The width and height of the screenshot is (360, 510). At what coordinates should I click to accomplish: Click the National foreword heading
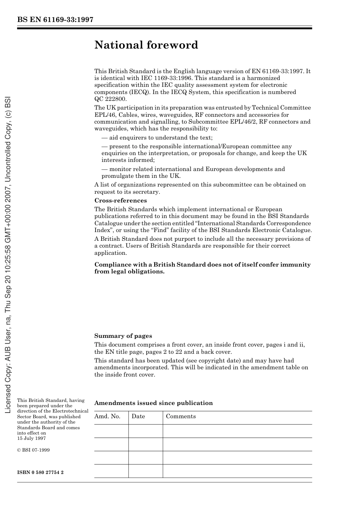click(146, 45)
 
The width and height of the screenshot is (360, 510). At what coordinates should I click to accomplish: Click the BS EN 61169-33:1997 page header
click(55, 20)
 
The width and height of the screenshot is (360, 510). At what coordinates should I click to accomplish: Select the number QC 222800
click(110, 99)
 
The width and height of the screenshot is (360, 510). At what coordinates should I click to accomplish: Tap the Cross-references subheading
click(121, 201)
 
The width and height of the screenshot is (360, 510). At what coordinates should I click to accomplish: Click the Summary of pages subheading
click(123, 336)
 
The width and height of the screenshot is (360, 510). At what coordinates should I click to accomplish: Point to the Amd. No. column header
click(107, 416)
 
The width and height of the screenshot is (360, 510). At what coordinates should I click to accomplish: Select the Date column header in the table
click(138, 416)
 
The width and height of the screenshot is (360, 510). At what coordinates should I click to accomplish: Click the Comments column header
click(181, 416)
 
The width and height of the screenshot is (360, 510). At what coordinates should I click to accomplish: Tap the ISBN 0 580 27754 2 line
click(40, 472)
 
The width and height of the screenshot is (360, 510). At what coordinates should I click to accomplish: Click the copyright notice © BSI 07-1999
click(33, 450)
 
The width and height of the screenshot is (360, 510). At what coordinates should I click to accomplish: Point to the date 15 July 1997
click(31, 438)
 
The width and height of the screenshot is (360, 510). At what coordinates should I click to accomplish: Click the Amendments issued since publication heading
click(153, 403)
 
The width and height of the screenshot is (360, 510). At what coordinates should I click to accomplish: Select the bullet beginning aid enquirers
click(157, 138)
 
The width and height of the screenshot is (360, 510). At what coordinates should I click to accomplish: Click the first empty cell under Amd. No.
click(111, 431)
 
